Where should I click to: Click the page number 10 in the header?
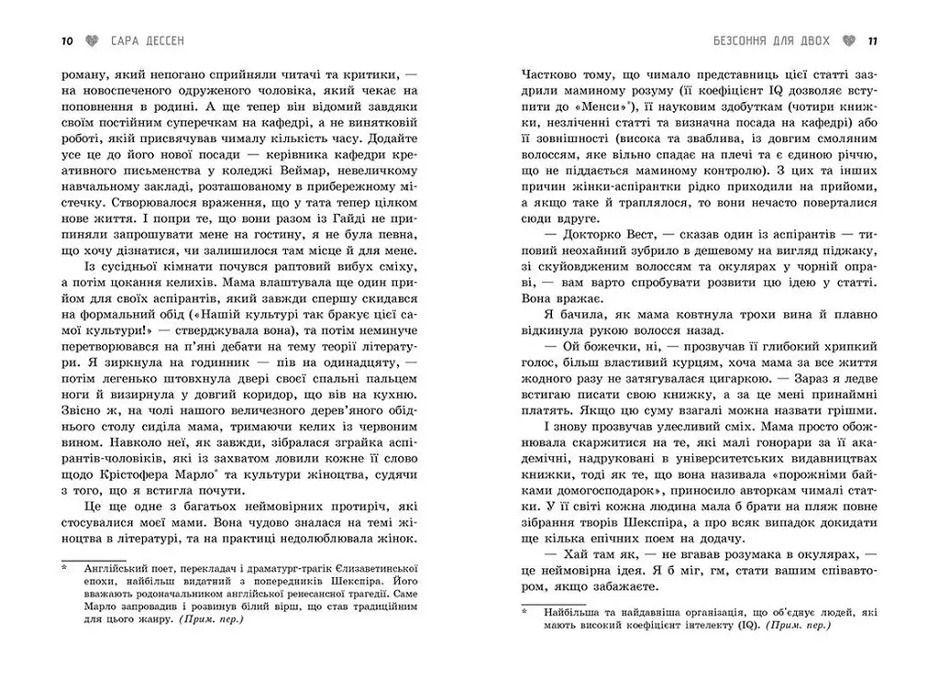pos(66,40)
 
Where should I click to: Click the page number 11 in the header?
pos(872,40)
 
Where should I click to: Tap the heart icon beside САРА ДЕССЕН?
pos(90,40)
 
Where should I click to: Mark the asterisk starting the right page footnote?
pos(524,609)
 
